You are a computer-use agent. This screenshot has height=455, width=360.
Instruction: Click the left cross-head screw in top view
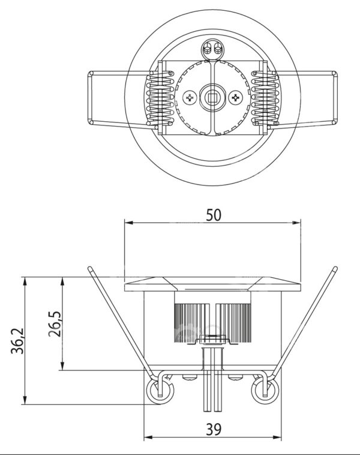[x=191, y=97]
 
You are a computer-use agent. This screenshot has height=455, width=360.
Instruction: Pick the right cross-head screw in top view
[x=235, y=97]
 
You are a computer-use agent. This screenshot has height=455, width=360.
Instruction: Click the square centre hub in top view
[x=213, y=97]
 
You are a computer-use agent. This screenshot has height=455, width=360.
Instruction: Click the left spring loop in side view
[x=160, y=391]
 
